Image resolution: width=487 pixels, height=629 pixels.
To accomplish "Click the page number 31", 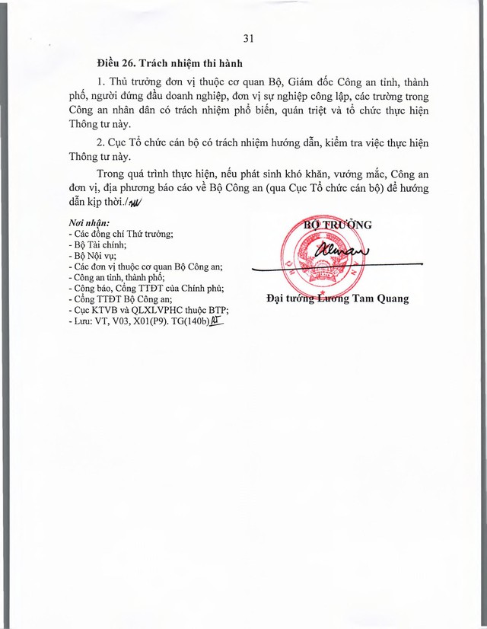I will tap(247, 39).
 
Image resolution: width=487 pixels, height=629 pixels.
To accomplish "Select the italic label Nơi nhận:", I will tap(88, 223).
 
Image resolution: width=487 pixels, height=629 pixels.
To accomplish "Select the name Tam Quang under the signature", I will tap(381, 299).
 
